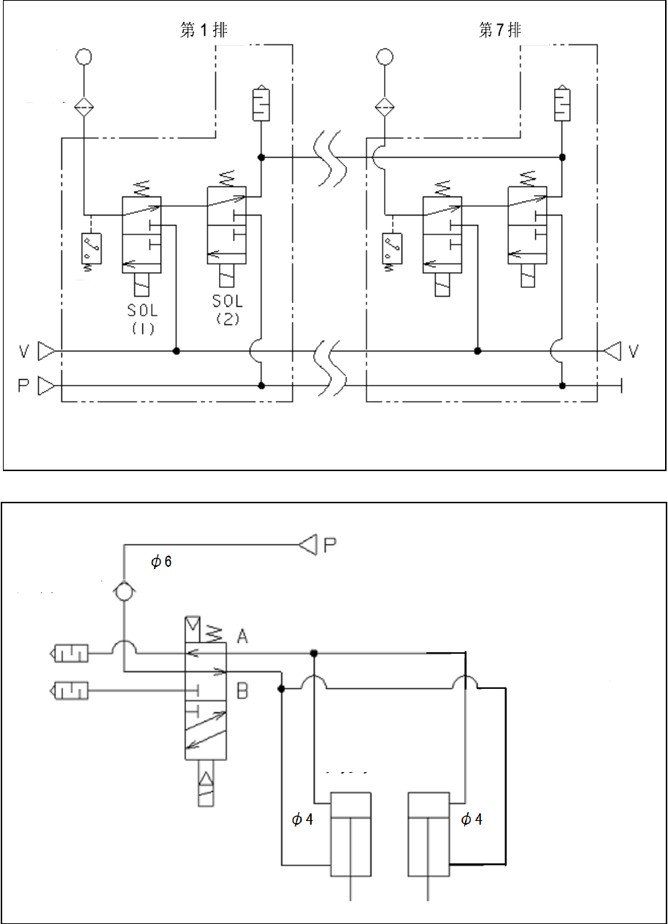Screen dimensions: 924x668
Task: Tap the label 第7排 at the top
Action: click(x=500, y=30)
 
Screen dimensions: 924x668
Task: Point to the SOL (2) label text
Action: click(x=227, y=309)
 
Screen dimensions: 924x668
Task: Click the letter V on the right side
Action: click(x=632, y=352)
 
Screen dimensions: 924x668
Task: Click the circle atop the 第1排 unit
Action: click(x=83, y=56)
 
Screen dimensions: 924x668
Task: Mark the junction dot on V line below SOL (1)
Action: click(x=176, y=351)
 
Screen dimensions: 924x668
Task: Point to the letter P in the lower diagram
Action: click(x=329, y=543)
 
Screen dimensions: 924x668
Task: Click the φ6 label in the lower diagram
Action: click(x=161, y=562)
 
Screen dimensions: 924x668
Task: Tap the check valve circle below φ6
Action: click(x=124, y=592)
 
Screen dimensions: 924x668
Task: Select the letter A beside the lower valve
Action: click(x=242, y=637)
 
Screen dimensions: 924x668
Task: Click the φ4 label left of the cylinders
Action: click(x=302, y=819)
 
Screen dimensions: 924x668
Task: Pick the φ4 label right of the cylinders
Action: click(x=472, y=819)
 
